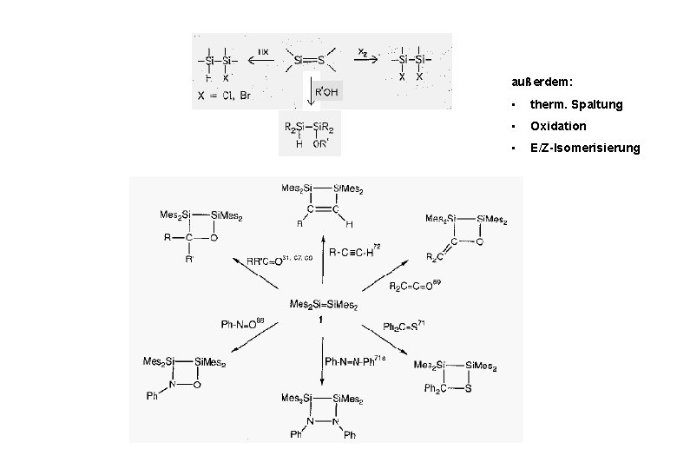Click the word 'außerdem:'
click(x=542, y=82)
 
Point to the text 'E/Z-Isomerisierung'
click(x=585, y=149)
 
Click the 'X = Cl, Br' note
click(x=223, y=96)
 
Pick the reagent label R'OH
click(x=326, y=91)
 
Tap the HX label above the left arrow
click(x=262, y=51)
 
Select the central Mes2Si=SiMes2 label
click(x=324, y=305)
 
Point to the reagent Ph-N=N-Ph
click(x=352, y=360)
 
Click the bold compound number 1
click(x=321, y=320)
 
